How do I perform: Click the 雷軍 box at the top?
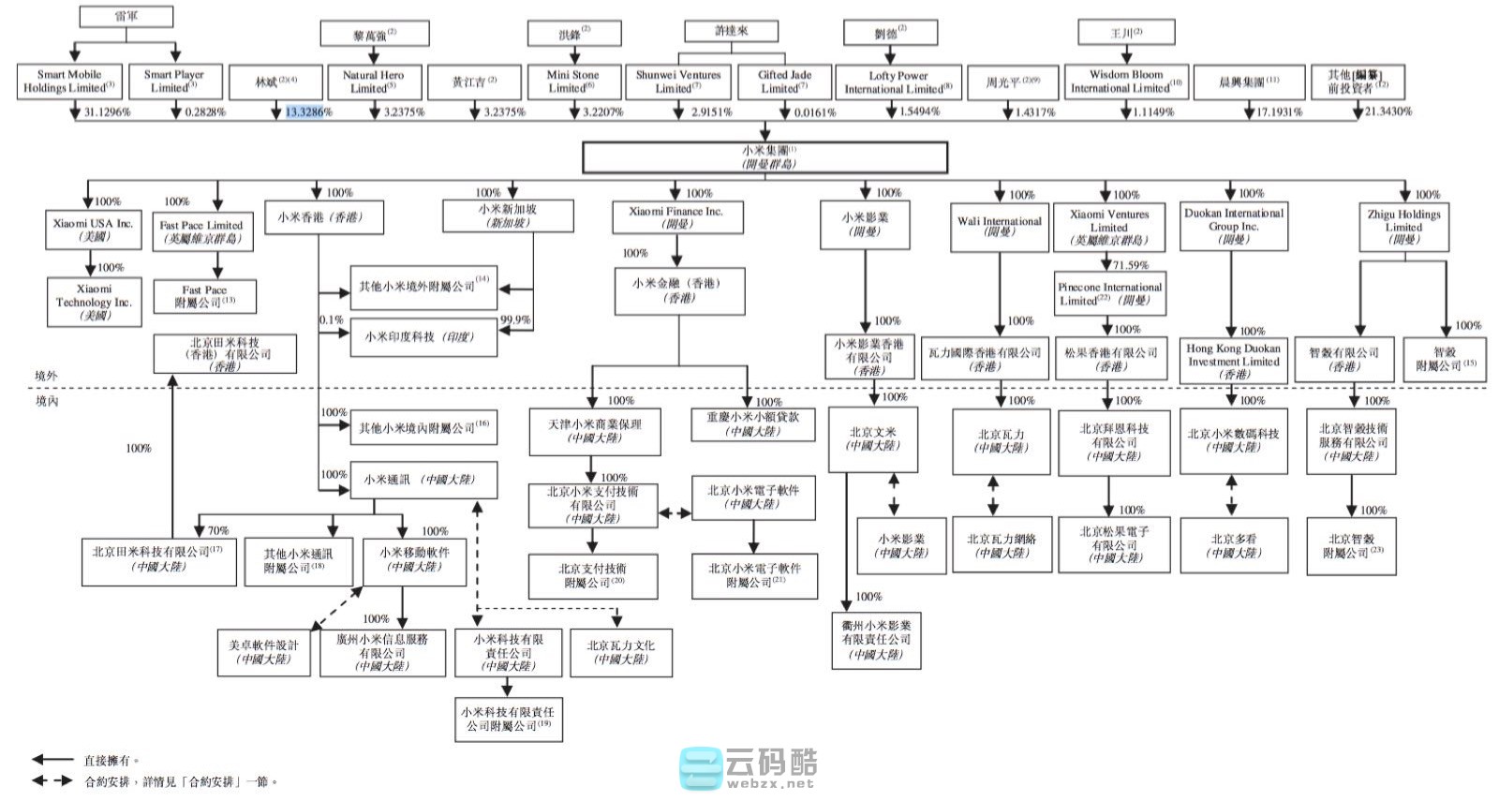click(x=126, y=16)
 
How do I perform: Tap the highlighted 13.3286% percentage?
click(x=305, y=111)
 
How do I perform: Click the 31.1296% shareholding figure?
click(x=108, y=111)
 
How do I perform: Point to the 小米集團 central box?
click(x=764, y=157)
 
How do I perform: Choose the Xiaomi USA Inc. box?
click(x=94, y=230)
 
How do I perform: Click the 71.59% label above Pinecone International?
click(x=1130, y=265)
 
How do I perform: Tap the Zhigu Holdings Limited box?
click(x=1403, y=227)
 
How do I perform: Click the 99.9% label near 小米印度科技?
click(x=515, y=319)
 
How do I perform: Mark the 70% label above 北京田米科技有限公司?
click(x=217, y=530)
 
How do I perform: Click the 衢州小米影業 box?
click(x=876, y=640)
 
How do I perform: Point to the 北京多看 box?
click(x=1234, y=545)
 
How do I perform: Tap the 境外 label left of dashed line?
click(x=46, y=376)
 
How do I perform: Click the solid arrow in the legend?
click(x=52, y=760)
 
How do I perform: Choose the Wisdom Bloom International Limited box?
click(x=1125, y=82)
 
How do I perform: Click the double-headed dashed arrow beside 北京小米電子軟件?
click(x=675, y=512)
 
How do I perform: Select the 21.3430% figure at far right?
click(x=1388, y=111)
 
